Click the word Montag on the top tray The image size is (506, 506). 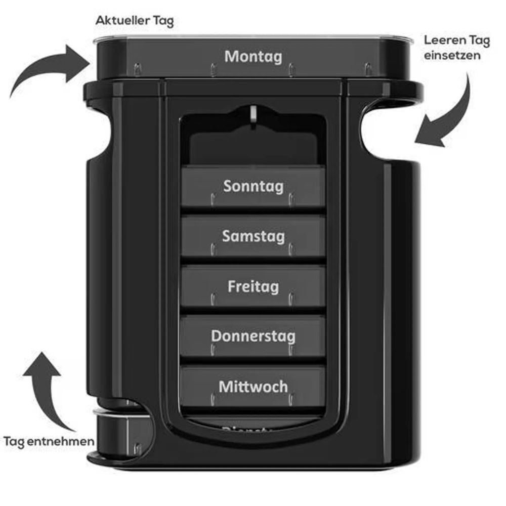pyautogui.click(x=253, y=56)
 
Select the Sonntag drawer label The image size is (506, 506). pyautogui.click(x=253, y=186)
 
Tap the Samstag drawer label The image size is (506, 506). pyautogui.click(x=253, y=236)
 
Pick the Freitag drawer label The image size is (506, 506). pyautogui.click(x=253, y=286)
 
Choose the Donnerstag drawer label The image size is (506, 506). pyautogui.click(x=253, y=336)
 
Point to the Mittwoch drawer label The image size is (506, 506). pyautogui.click(x=253, y=387)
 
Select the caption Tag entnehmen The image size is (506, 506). pyautogui.click(x=49, y=441)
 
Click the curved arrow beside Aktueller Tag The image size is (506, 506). pyautogui.click(x=46, y=68)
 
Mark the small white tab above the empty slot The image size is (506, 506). pyautogui.click(x=252, y=114)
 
